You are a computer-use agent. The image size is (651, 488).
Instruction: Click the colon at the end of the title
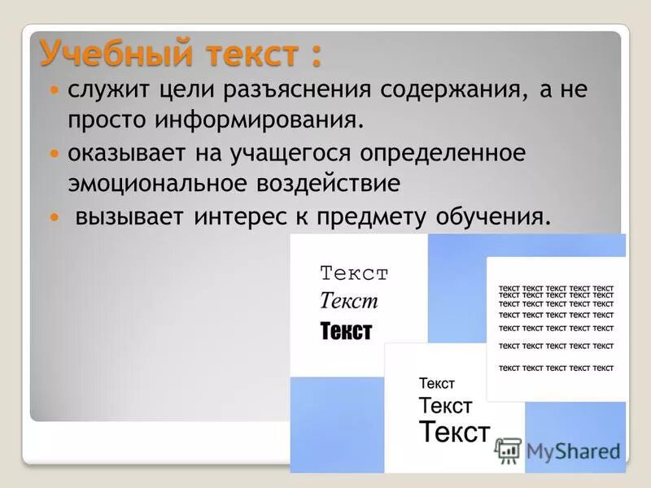[314, 55]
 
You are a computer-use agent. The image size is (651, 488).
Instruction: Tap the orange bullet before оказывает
[55, 153]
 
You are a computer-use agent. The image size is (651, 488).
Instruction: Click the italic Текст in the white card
[349, 301]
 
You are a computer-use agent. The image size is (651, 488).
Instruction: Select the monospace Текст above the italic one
[354, 273]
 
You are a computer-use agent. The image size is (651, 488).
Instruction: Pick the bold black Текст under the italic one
[346, 331]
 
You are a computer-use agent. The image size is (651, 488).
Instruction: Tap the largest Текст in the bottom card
[454, 431]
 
